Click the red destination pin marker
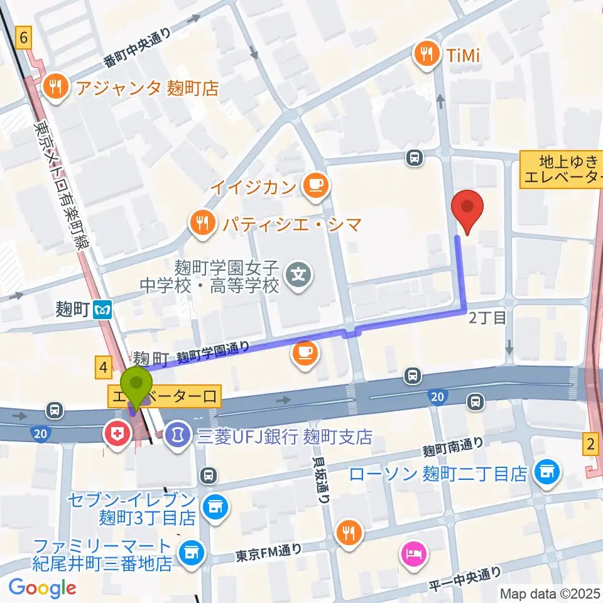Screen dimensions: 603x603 (x=467, y=210)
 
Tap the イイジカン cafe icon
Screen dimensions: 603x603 (x=312, y=185)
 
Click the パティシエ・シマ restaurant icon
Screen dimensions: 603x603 (x=202, y=223)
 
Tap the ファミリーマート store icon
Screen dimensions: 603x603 (x=189, y=553)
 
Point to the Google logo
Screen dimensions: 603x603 (x=42, y=587)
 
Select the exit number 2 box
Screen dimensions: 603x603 (x=590, y=444)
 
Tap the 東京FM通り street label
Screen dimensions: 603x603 (x=268, y=552)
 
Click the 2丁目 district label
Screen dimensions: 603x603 (x=487, y=318)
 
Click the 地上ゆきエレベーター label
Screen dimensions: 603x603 (x=561, y=170)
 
